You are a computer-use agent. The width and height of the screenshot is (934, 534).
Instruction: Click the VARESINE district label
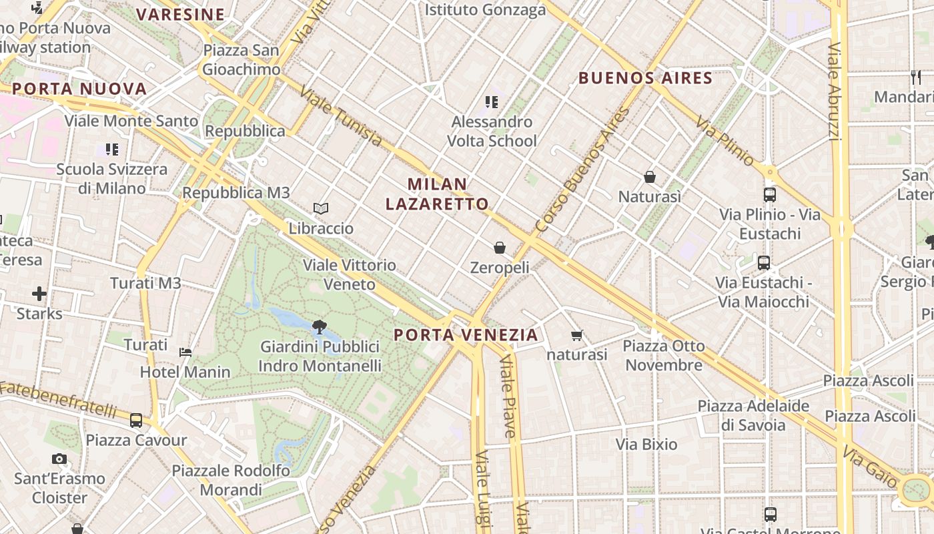(181, 14)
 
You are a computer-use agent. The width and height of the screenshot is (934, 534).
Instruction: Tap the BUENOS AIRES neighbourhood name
(645, 78)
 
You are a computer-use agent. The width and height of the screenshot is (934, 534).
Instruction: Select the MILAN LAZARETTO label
(437, 194)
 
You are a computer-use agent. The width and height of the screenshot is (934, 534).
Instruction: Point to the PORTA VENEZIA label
(466, 334)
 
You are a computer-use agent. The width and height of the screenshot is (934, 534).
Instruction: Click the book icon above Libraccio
(321, 209)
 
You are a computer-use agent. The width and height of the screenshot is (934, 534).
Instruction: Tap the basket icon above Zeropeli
(500, 248)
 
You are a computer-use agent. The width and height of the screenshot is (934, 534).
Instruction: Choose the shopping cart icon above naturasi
(577, 335)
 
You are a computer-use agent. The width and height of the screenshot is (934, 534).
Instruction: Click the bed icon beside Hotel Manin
(185, 352)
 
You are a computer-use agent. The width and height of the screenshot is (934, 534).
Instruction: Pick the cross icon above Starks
(39, 294)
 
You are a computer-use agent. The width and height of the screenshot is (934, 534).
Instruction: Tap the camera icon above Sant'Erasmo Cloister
(59, 459)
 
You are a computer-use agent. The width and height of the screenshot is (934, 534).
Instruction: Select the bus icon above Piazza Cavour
(136, 421)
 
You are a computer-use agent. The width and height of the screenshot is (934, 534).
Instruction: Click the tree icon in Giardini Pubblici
(320, 327)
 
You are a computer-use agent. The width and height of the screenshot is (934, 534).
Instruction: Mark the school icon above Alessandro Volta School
(492, 102)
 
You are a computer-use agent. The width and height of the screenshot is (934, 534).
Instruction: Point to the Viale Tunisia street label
(341, 116)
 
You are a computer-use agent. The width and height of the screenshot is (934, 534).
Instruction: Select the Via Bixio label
(646, 444)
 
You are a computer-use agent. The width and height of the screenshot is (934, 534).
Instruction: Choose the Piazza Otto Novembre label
(664, 355)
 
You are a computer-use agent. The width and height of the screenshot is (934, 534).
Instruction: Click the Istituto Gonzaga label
(485, 9)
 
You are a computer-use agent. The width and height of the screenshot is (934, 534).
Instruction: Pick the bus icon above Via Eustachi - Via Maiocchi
(764, 263)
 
